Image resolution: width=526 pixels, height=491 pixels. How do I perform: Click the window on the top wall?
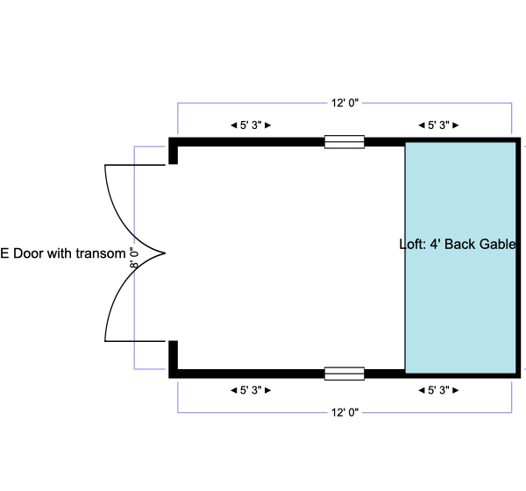tap(344, 141)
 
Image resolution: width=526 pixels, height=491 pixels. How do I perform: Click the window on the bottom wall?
tap(344, 374)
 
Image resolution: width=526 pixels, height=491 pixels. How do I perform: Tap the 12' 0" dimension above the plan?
tap(345, 103)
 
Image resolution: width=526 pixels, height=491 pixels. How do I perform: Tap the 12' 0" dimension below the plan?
tap(345, 411)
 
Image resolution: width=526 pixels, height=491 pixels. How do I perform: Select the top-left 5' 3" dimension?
tap(251, 125)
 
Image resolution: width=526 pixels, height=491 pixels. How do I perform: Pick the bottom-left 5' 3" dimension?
tap(251, 390)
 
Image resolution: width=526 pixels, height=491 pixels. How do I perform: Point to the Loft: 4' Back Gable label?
tap(457, 245)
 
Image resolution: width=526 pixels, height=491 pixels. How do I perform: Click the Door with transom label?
tap(63, 254)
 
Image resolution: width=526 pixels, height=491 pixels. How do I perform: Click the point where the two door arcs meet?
tap(165, 253)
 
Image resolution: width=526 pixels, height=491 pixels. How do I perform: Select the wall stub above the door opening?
tap(174, 151)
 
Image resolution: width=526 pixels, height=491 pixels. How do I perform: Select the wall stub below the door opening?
tap(174, 358)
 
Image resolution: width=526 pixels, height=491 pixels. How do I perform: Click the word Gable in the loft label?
tap(497, 245)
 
